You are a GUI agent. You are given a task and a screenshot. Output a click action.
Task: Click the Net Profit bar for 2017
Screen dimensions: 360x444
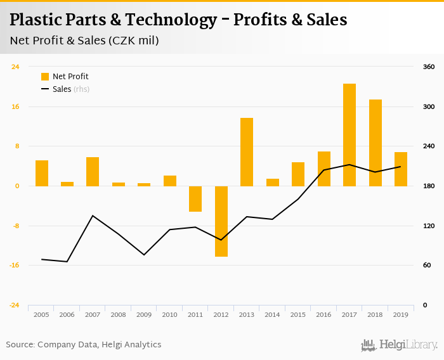pos(349,135)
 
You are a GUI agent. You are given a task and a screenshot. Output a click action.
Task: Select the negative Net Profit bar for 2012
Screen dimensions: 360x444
pos(221,221)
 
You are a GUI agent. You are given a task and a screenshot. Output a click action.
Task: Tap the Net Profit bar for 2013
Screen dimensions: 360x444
pos(247,152)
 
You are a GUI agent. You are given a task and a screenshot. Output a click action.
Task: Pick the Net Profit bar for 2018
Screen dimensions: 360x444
pos(375,143)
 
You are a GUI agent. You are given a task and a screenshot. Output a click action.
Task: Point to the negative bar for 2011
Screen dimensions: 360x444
pos(195,199)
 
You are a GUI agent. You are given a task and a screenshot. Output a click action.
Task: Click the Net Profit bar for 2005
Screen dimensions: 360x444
pos(42,173)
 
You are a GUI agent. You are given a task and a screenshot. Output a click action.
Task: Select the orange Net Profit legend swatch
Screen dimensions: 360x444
pos(45,77)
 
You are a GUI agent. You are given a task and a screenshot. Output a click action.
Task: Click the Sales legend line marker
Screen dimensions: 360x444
pos(45,89)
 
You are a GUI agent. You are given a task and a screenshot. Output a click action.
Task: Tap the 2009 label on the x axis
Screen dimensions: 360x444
pos(144,314)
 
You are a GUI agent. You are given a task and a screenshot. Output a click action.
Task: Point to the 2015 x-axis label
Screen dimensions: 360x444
pos(298,314)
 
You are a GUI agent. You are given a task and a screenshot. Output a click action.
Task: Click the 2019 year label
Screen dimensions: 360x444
pos(401,314)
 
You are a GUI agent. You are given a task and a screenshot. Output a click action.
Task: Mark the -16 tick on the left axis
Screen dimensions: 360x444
pos(13,266)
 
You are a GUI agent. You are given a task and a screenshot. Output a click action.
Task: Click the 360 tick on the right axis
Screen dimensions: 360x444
pos(429,67)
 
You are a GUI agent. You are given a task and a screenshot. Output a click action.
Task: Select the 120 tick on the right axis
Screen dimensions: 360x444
pos(429,226)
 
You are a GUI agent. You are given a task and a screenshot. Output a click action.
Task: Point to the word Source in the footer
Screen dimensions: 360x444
pos(20,345)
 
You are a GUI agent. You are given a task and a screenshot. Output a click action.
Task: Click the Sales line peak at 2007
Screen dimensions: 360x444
pos(93,215)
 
